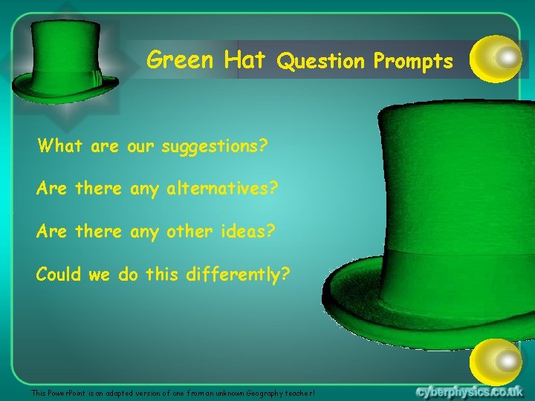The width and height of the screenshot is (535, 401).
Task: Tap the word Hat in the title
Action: point(244,59)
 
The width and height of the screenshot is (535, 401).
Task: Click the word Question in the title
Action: point(321,62)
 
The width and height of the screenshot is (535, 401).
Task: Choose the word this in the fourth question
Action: point(162,275)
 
